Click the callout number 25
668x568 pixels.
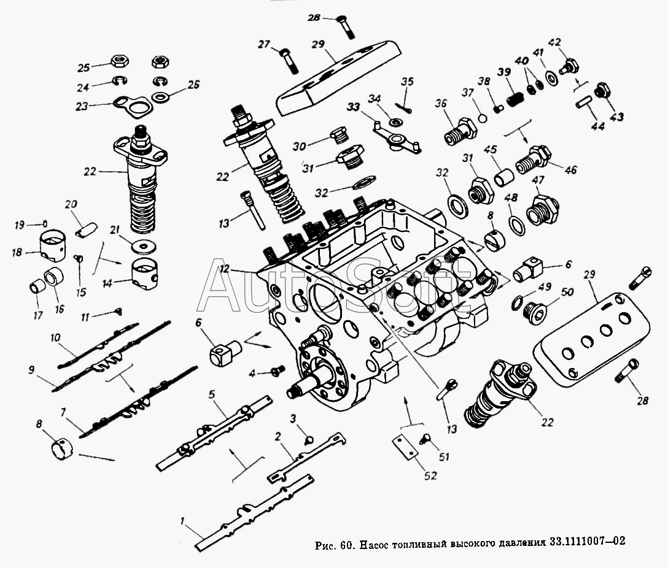(83, 67)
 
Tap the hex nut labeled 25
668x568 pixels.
(118, 61)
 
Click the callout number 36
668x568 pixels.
(440, 104)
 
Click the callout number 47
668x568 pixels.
(538, 180)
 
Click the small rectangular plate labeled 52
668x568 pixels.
(405, 447)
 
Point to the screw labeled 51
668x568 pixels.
(425, 438)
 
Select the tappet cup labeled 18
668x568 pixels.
(53, 245)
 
